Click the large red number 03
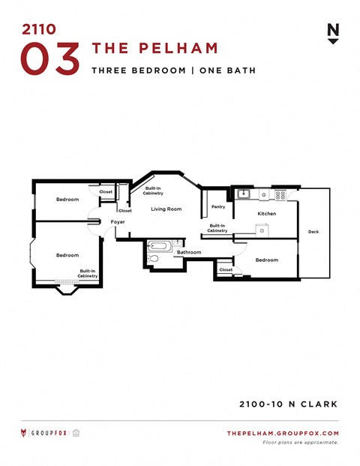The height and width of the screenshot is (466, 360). tap(50, 59)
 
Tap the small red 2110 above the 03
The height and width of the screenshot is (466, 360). tap(38, 30)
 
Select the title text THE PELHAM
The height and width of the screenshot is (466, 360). tap(154, 49)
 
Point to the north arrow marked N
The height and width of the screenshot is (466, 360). tap(333, 33)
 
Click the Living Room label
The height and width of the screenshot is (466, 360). tap(166, 209)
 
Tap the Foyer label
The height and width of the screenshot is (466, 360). tap(118, 222)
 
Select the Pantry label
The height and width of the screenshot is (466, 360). tap(218, 206)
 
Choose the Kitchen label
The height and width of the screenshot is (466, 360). tap(266, 214)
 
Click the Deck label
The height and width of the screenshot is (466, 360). tap(313, 232)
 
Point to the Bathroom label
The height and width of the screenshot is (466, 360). tap(189, 252)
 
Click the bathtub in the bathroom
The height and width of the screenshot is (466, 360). tap(160, 245)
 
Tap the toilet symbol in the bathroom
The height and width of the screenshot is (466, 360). tap(153, 258)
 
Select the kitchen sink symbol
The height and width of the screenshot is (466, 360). tap(244, 194)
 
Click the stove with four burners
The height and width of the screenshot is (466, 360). tap(280, 194)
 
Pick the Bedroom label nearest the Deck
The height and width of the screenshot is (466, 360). tap(266, 260)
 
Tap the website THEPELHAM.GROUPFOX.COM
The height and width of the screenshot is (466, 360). tap(283, 433)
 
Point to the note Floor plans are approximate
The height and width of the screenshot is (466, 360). tap(300, 442)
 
